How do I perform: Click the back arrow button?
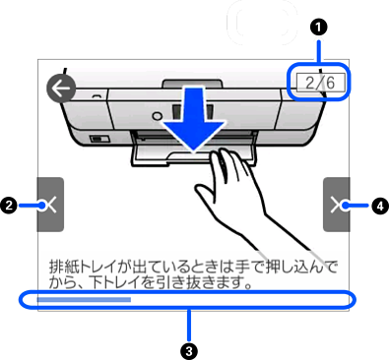click(x=61, y=89)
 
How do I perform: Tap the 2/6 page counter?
click(x=321, y=83)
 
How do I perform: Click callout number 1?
click(x=319, y=28)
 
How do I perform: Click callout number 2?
click(x=9, y=206)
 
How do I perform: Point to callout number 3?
click(x=189, y=351)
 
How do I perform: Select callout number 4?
click(x=380, y=206)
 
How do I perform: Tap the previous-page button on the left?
click(x=50, y=205)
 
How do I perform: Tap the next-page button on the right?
click(x=336, y=205)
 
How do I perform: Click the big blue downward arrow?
click(x=194, y=119)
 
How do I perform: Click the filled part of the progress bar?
click(x=84, y=299)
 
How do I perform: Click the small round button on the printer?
click(x=158, y=115)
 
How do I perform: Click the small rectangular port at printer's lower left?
click(x=99, y=139)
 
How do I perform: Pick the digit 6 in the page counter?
click(x=331, y=83)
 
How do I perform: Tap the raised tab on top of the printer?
click(x=192, y=84)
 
